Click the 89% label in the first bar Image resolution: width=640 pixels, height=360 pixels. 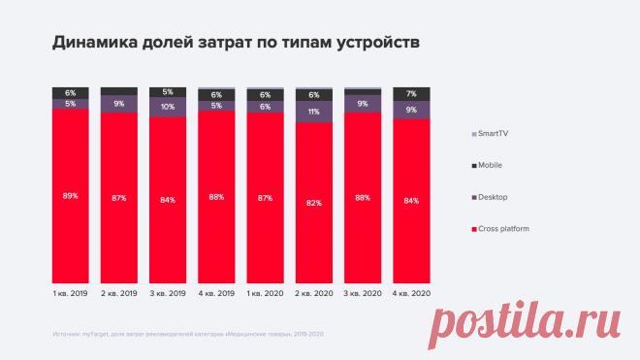coord(71,197)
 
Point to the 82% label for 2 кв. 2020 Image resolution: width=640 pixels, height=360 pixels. coord(313,204)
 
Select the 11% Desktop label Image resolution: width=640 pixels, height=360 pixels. coord(313,112)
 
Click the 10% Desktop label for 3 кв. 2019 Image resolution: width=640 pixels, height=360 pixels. coord(168,107)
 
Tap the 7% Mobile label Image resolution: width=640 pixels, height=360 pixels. coord(411,93)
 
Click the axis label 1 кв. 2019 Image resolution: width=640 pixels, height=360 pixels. coord(71,291)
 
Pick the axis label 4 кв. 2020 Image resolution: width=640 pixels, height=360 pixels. coord(411,291)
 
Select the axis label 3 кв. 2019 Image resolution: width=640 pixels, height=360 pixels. coord(168,291)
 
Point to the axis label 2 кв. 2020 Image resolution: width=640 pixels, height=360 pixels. coord(313,291)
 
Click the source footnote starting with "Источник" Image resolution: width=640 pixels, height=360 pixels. coord(188,334)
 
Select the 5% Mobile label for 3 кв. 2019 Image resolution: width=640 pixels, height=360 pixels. coord(168,92)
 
